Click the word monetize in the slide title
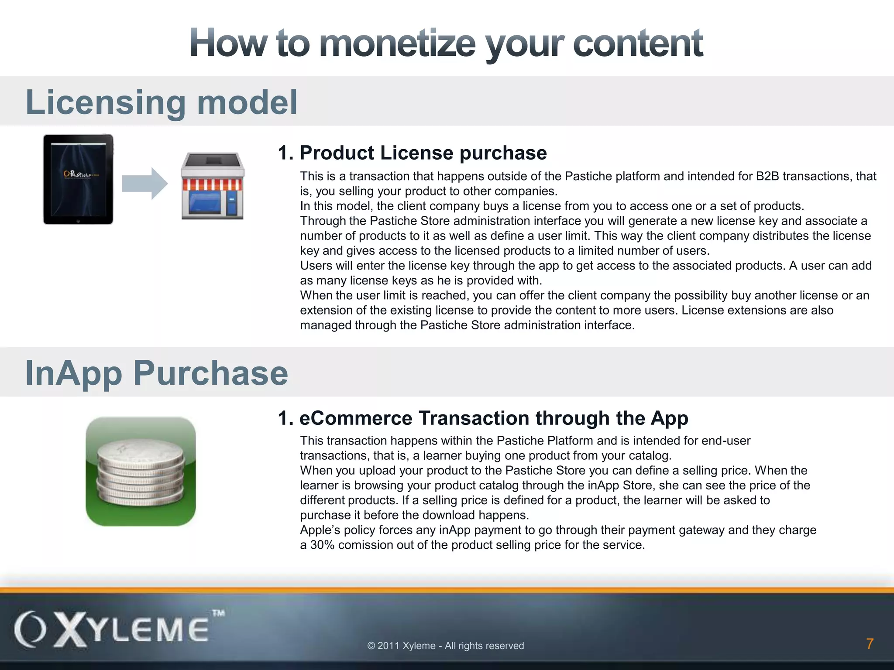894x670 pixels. (x=397, y=43)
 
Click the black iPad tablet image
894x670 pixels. (x=78, y=179)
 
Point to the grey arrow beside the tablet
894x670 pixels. (x=144, y=183)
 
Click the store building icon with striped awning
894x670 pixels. (x=213, y=186)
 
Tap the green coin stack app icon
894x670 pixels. (x=141, y=472)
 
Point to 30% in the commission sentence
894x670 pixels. (x=322, y=545)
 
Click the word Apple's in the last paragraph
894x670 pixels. (x=320, y=530)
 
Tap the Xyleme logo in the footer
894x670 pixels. (x=112, y=630)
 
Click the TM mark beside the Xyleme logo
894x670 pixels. (x=218, y=613)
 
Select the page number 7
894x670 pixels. (x=870, y=644)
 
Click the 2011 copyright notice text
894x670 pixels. (x=445, y=646)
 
